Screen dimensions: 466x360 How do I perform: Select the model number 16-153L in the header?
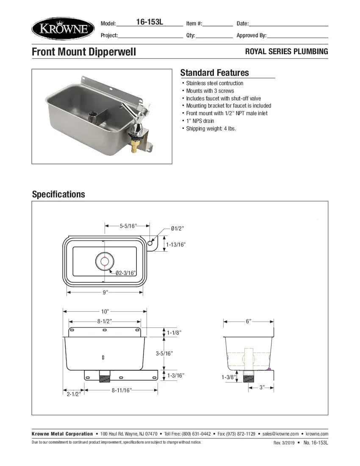coord(149,22)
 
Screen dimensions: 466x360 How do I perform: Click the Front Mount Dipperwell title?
coord(84,52)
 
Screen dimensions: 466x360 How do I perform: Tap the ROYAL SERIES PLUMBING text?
coord(287,52)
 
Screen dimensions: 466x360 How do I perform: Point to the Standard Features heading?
coord(214,72)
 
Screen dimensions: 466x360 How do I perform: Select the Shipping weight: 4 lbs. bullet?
coord(210,128)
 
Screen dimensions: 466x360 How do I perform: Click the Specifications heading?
coord(58,194)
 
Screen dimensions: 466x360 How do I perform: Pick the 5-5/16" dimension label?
coord(127,226)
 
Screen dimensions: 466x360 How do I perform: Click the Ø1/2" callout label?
coord(177,229)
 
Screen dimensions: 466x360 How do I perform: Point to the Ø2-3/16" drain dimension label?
coord(125,273)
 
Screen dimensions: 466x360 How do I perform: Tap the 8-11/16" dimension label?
coord(122,390)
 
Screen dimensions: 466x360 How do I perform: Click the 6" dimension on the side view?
coord(248,322)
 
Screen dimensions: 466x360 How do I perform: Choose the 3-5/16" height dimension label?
coord(164,353)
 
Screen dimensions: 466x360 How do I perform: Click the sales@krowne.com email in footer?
coord(280,434)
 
